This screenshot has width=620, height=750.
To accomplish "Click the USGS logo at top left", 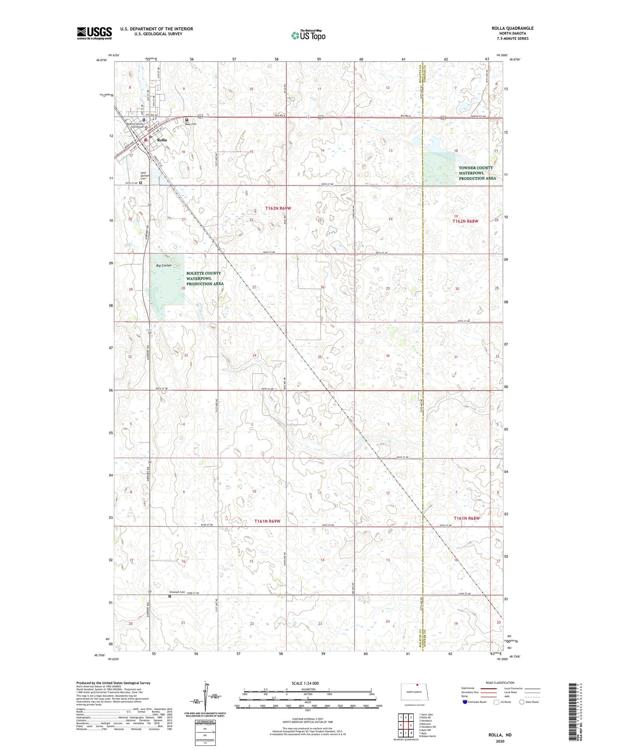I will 94,33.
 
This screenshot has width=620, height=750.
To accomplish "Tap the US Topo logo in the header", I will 308,36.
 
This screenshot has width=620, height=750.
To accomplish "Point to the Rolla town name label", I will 162,140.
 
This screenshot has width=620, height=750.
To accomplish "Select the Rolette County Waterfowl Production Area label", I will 205,278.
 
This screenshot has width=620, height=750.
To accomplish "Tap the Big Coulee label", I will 164,265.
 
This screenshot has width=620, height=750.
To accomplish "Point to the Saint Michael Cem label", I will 143,176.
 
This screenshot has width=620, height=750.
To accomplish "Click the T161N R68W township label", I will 467,518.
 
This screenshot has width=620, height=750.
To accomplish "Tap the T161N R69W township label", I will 267,521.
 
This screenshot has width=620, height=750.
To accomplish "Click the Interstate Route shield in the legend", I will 465,702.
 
